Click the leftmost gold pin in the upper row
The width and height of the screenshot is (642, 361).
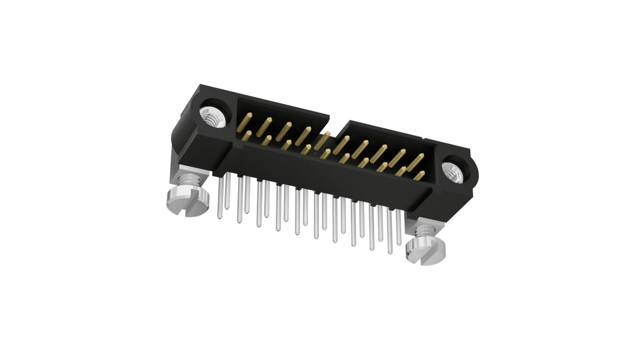pos(249,119)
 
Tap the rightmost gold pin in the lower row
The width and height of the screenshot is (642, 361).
pos(419,175)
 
